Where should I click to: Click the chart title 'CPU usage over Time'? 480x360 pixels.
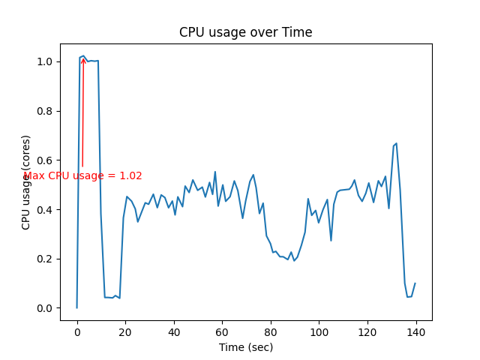coord(245,32)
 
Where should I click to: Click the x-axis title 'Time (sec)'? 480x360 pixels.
coord(245,347)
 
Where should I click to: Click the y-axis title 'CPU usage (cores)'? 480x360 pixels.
coord(26,182)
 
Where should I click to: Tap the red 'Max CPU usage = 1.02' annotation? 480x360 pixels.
coord(82,176)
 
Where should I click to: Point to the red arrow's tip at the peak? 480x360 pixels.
coord(83,58)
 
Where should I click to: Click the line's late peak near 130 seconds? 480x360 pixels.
coord(396,143)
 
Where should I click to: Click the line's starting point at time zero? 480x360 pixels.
coord(76,307)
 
